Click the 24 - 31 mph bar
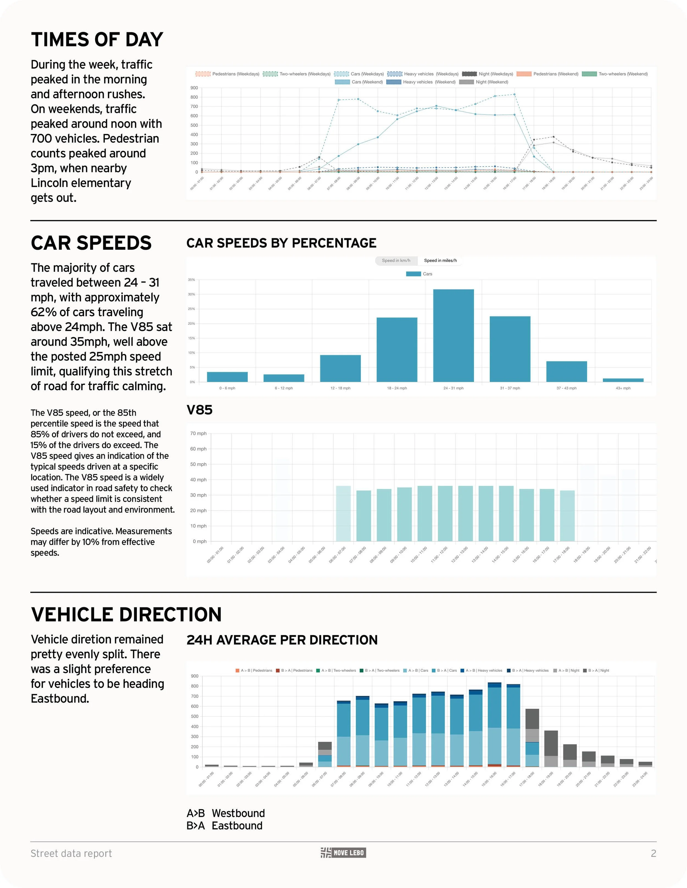tap(453, 335)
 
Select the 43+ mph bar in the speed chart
tap(623, 380)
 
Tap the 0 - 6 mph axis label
tap(227, 388)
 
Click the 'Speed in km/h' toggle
tap(396, 260)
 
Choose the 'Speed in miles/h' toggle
tap(440, 260)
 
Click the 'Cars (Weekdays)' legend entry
tap(359, 74)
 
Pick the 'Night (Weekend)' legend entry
tap(484, 82)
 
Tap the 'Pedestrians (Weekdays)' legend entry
tap(228, 74)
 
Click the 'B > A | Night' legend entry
tap(596, 671)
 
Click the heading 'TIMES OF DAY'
tap(97, 40)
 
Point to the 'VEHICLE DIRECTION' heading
tap(126, 614)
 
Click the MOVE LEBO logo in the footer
tap(343, 853)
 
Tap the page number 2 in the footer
tap(653, 853)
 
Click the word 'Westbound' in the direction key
tap(238, 813)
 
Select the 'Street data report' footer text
tap(71, 853)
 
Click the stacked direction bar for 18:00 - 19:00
tap(551, 749)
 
